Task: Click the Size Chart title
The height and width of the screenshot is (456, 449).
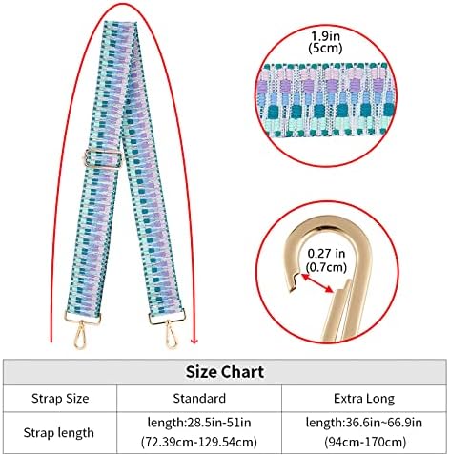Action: (225, 372)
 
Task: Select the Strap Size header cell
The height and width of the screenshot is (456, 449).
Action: (60, 398)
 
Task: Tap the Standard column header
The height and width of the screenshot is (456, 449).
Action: (199, 398)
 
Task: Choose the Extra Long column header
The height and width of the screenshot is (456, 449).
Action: (364, 399)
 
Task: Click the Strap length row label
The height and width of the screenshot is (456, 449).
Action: (59, 433)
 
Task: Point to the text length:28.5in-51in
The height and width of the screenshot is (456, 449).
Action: (199, 423)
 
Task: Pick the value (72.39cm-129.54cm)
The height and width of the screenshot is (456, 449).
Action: (199, 442)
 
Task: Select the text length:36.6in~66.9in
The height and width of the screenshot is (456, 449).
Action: (364, 423)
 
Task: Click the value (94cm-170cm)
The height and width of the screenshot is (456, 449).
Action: (364, 442)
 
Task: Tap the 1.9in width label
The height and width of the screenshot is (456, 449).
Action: (325, 36)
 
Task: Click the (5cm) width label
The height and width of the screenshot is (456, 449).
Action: (325, 48)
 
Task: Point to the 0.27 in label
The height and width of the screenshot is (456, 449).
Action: (326, 254)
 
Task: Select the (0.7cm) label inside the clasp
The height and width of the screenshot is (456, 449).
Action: (326, 267)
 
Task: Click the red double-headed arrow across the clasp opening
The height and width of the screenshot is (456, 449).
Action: (317, 282)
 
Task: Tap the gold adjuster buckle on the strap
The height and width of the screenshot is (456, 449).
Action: (103, 158)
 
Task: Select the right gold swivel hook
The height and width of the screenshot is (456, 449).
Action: (171, 335)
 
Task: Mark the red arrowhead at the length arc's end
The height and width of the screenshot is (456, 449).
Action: (194, 341)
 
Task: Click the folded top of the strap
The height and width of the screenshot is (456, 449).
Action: (120, 25)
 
